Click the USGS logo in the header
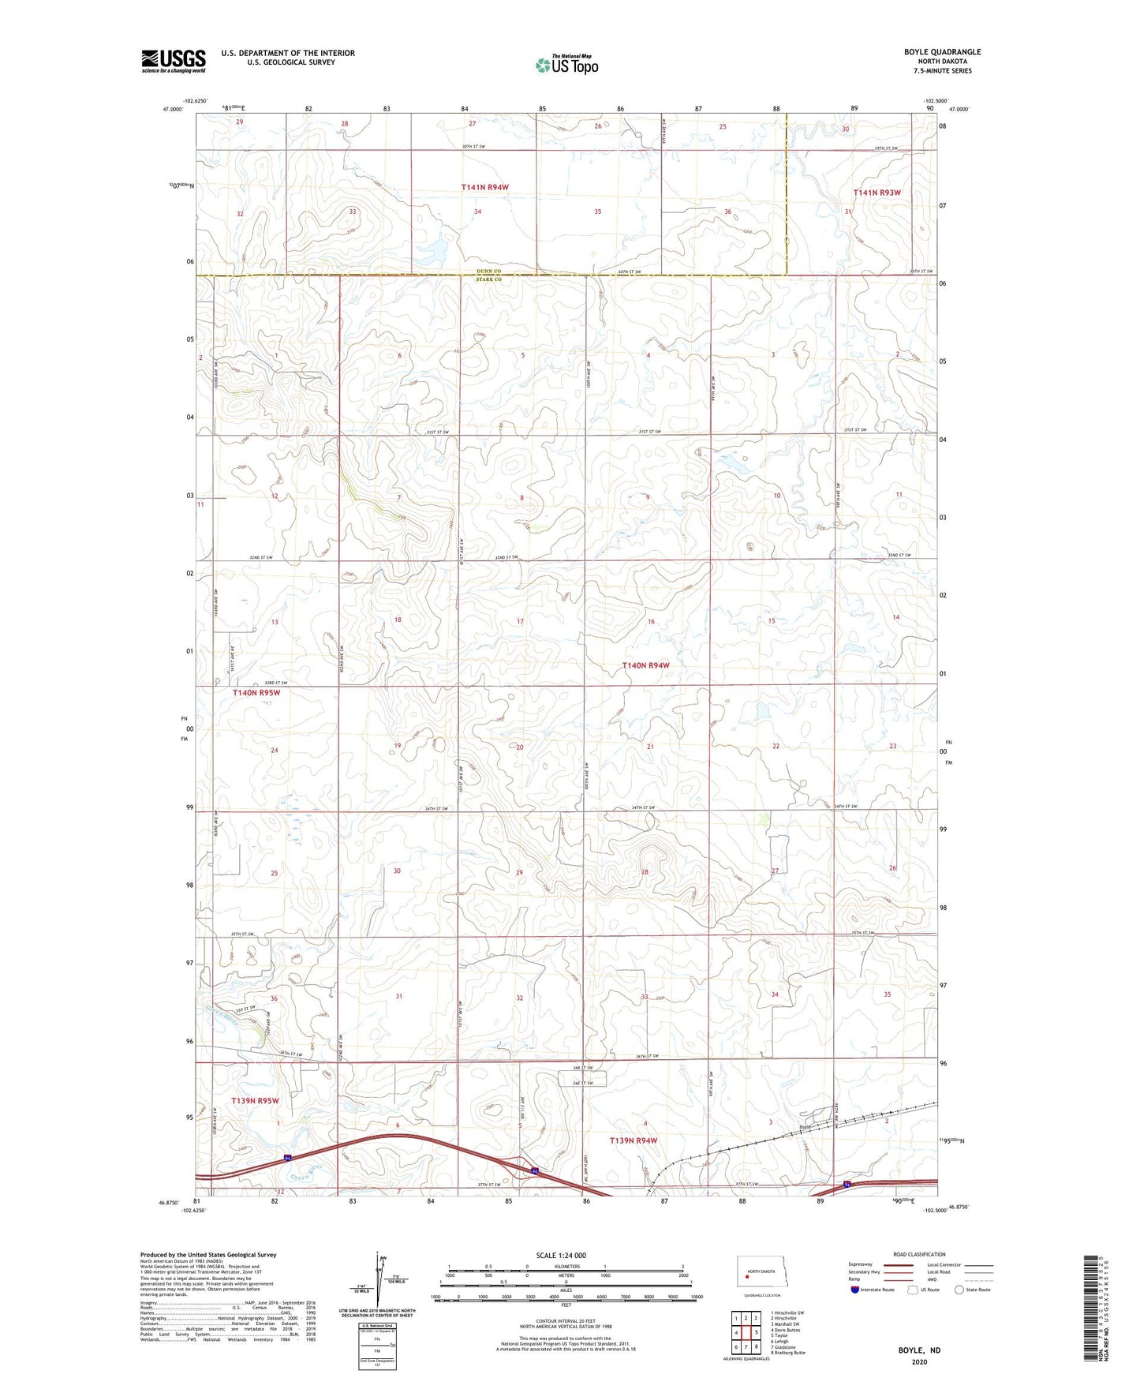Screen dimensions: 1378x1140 click(x=174, y=61)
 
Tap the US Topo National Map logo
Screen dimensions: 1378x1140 click(x=566, y=65)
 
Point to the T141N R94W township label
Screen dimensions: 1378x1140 click(x=485, y=187)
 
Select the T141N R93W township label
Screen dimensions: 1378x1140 click(x=876, y=192)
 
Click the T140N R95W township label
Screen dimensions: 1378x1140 click(x=256, y=692)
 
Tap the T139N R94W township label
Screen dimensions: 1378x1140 click(x=634, y=1140)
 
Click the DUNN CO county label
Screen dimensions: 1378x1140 click(x=488, y=271)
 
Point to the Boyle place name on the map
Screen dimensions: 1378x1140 click(x=805, y=1127)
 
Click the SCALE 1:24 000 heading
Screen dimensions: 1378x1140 click(x=561, y=1255)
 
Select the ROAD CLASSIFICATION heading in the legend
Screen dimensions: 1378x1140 click(x=920, y=1254)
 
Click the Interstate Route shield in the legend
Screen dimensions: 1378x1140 click(x=855, y=1290)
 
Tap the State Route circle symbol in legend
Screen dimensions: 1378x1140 click(x=959, y=1290)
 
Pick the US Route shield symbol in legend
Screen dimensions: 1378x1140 click(x=914, y=1290)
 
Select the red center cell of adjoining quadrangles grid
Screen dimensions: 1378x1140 click(x=746, y=1333)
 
